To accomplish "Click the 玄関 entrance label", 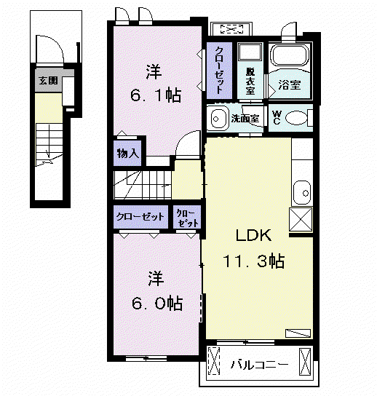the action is pos(48,81).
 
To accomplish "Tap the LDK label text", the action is pos(253,235).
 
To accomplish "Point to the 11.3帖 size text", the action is pos(253,261).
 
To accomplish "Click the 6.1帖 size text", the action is pos(156,95).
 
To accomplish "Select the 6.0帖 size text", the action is pos(157,303).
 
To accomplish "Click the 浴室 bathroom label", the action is pos(290,84).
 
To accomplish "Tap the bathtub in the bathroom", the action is pos(290,55).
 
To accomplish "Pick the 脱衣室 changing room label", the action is pos(250,82).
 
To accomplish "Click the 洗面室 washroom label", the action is pos(245,118).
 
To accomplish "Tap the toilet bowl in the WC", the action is pos(296,118).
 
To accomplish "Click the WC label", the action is pos(277,118).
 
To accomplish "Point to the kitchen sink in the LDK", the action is pos(302,192).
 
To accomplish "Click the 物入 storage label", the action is pos(127,154).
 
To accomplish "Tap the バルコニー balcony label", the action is pos(260,365).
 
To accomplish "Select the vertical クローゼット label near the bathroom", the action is pos(219,71).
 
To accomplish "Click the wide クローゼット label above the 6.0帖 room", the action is pos(140,217).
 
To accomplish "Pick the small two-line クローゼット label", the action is pos(187,218).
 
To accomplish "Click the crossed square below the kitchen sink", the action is pos(301,219).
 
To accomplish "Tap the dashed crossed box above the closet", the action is pos(232,29).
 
